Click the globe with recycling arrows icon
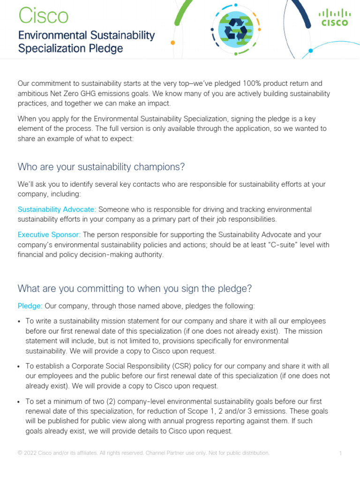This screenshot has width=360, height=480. (x=232, y=30)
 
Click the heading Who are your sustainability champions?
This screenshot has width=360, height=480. (x=101, y=167)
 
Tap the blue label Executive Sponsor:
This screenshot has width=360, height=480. (x=49, y=234)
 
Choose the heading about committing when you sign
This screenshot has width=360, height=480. (x=135, y=289)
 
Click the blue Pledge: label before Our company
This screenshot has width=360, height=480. (x=30, y=306)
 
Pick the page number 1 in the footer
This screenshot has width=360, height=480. (x=340, y=453)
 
